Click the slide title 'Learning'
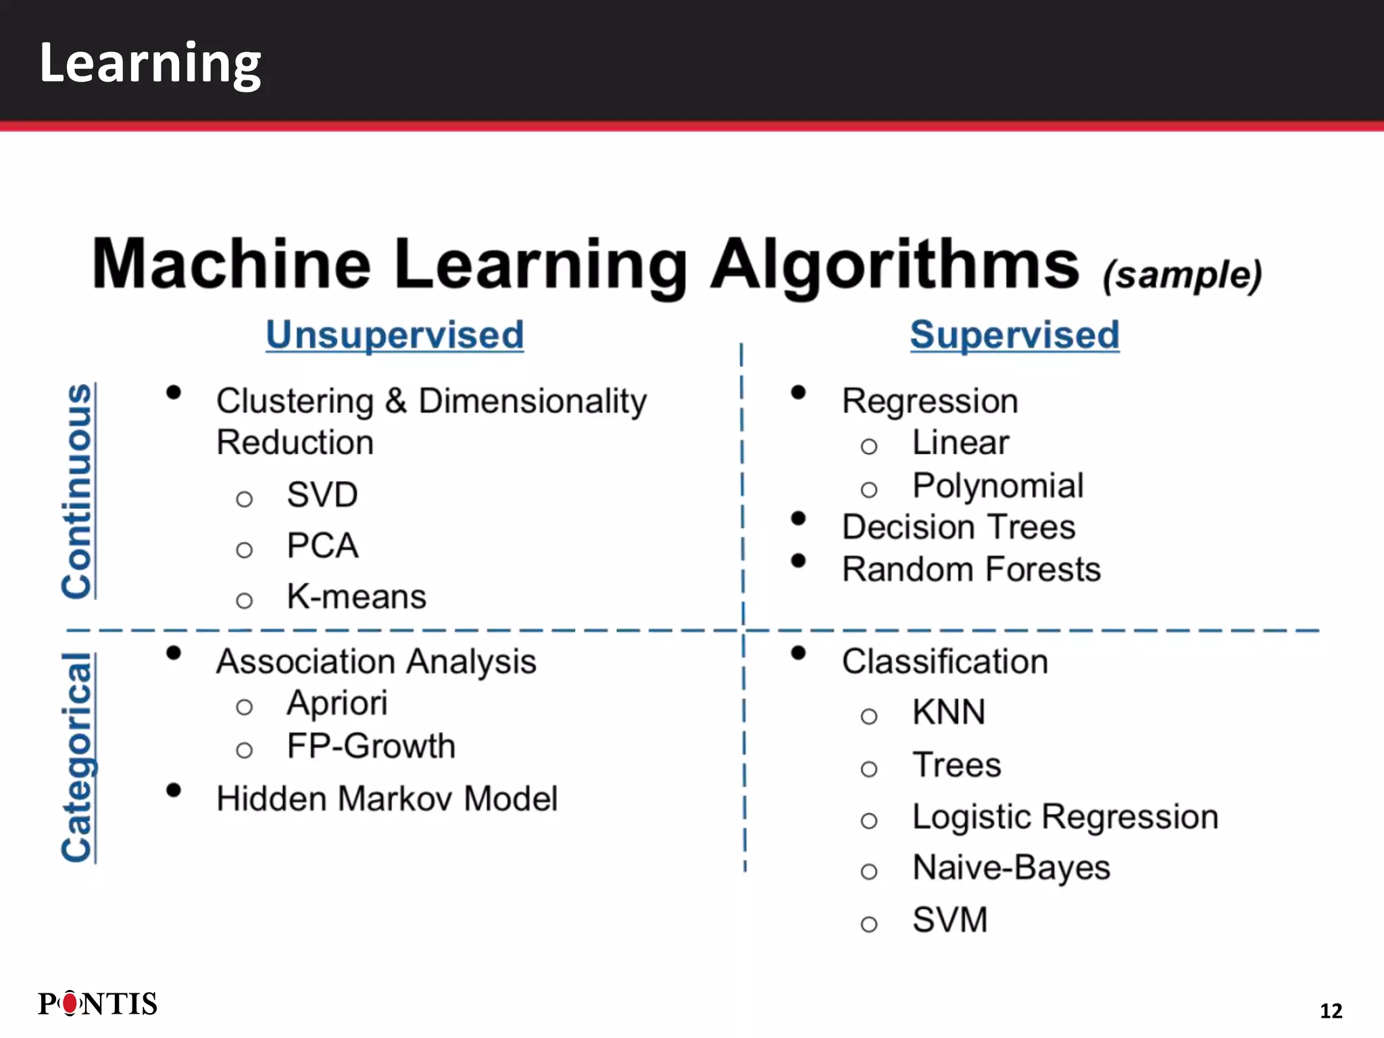(150, 63)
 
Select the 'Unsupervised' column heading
(395, 335)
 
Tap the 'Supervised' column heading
(1014, 335)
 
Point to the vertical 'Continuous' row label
(77, 491)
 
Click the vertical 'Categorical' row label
(77, 757)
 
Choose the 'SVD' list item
(322, 495)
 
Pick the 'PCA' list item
(322, 545)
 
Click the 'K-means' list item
(356, 597)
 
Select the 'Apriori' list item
(337, 703)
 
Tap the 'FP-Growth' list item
(371, 746)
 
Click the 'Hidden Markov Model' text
(387, 799)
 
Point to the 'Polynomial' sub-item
(997, 486)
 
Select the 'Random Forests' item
(971, 569)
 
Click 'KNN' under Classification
(949, 712)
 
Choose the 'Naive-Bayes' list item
(1011, 868)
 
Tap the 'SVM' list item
(949, 920)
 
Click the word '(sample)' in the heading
(1182, 276)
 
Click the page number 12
(1331, 1010)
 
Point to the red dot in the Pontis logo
(70, 1004)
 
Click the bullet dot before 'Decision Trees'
(798, 518)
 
